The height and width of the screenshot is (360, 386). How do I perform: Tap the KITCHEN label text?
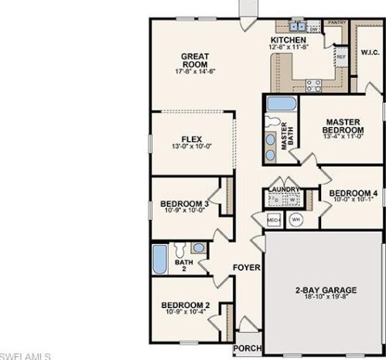[288, 39]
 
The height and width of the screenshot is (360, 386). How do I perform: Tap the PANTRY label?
[336, 23]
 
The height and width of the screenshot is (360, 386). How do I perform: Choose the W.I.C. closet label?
[368, 53]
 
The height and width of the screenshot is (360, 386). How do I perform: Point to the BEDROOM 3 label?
[184, 204]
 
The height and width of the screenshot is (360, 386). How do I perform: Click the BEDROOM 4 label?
[354, 193]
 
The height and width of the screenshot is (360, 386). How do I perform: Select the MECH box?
[273, 221]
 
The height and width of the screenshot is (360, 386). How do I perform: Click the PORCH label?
[249, 348]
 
